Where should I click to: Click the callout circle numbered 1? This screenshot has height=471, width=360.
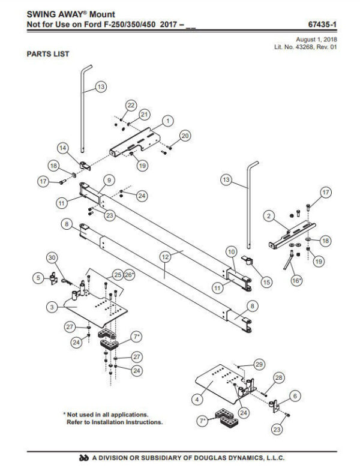(x=167, y=121)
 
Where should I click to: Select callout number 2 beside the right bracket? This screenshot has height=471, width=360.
(x=269, y=215)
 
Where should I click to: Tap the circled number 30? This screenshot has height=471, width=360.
(x=52, y=258)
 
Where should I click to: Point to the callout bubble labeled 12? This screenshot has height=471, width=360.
(x=166, y=257)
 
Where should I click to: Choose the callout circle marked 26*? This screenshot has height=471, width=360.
(x=129, y=275)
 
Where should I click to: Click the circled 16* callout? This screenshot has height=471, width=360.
(x=296, y=281)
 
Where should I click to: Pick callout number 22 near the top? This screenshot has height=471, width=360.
(x=131, y=105)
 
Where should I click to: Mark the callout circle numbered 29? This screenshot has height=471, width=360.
(x=259, y=364)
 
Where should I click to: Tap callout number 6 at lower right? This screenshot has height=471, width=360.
(x=295, y=396)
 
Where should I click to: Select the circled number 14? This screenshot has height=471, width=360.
(x=63, y=148)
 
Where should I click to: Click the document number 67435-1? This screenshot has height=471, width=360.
(x=322, y=25)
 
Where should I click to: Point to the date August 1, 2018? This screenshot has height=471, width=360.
(x=316, y=40)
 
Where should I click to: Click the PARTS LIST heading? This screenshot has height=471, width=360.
(x=48, y=54)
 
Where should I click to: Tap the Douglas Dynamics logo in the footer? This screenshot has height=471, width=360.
(x=85, y=458)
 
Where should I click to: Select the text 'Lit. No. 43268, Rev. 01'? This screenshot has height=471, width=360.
(x=305, y=47)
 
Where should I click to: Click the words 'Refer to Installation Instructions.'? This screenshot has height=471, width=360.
(x=115, y=422)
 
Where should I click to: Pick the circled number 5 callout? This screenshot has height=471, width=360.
(x=38, y=278)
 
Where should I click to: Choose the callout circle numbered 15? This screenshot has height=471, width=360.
(x=266, y=282)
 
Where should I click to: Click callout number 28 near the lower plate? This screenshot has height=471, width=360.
(x=279, y=377)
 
